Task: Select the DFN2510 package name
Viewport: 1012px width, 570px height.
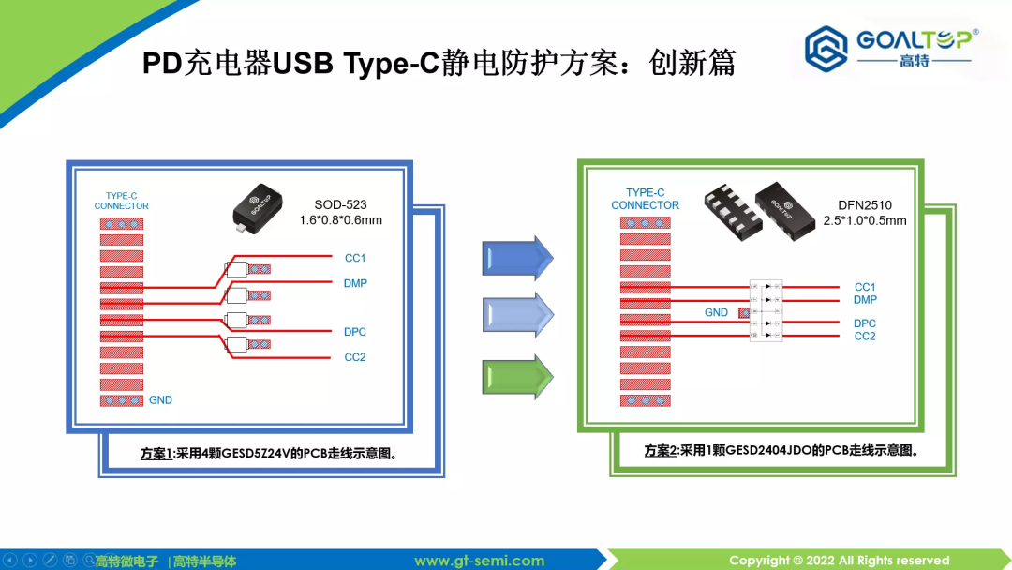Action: pyautogui.click(x=864, y=204)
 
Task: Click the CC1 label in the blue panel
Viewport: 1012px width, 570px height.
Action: pyautogui.click(x=355, y=258)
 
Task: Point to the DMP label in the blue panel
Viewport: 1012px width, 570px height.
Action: pyautogui.click(x=355, y=283)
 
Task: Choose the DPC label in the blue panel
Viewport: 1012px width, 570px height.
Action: pyautogui.click(x=355, y=332)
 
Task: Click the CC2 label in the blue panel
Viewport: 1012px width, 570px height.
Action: pyautogui.click(x=355, y=357)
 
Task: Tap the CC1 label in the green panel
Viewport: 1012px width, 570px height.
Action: pyautogui.click(x=865, y=287)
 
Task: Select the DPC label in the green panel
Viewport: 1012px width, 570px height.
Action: pyautogui.click(x=865, y=323)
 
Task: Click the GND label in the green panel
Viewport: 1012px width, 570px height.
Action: pyautogui.click(x=716, y=312)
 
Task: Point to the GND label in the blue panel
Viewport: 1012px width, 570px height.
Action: pyautogui.click(x=160, y=400)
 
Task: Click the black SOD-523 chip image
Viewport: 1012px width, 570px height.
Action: pyautogui.click(x=259, y=206)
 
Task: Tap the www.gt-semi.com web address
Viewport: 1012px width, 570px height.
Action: pyautogui.click(x=479, y=561)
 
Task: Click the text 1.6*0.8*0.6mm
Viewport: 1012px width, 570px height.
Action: pyautogui.click(x=341, y=221)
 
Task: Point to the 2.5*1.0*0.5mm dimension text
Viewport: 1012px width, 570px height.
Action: pyautogui.click(x=865, y=221)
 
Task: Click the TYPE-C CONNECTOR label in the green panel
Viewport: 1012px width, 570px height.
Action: pyautogui.click(x=645, y=199)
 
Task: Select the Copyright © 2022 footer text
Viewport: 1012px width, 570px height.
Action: pyautogui.click(x=839, y=561)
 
